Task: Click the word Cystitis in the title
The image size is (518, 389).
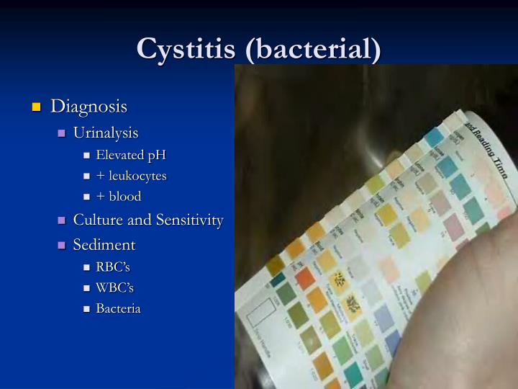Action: click(186, 48)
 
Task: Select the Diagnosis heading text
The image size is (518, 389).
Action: click(88, 107)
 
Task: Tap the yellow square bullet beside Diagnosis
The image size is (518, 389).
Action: click(36, 108)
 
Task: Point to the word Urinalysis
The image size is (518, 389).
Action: click(106, 133)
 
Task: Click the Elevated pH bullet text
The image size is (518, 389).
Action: click(131, 155)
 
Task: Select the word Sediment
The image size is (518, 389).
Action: click(104, 245)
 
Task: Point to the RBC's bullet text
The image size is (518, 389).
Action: click(113, 267)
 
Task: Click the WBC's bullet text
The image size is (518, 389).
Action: click(115, 287)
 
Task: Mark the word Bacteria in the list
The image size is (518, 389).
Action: click(119, 308)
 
